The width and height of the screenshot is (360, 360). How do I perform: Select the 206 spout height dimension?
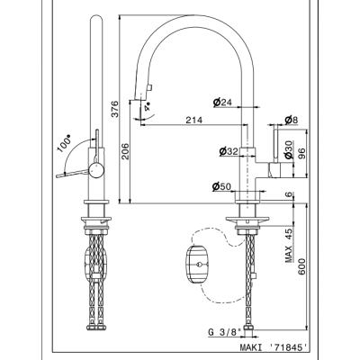click(125, 151)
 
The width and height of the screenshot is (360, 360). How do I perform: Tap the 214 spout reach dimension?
click(194, 120)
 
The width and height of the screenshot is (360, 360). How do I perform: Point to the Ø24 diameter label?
click(222, 103)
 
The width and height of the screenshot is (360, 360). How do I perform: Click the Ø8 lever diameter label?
click(292, 121)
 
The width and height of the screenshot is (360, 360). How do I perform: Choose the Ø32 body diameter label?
click(229, 151)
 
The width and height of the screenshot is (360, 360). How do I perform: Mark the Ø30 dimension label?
click(289, 149)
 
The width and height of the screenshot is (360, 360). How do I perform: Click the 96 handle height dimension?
click(301, 154)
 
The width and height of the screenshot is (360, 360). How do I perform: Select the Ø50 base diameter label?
click(221, 187)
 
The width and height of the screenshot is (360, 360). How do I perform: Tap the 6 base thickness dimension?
click(289, 194)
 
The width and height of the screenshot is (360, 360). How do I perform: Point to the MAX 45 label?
click(289, 246)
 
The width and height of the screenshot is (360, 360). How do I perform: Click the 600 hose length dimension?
click(301, 266)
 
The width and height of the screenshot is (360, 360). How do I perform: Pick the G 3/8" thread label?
click(225, 332)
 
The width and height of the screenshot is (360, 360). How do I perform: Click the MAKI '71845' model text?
click(274, 347)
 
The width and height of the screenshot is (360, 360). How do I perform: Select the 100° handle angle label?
click(64, 143)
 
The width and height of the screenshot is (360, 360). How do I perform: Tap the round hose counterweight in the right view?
click(196, 265)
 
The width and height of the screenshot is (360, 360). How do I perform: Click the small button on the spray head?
click(148, 87)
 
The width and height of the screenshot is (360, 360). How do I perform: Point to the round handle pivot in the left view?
click(96, 170)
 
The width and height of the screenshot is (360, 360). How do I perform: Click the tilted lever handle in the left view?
click(73, 173)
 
